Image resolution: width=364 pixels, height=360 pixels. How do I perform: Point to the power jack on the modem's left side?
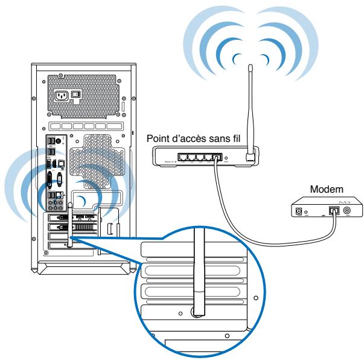coord(298,211)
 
